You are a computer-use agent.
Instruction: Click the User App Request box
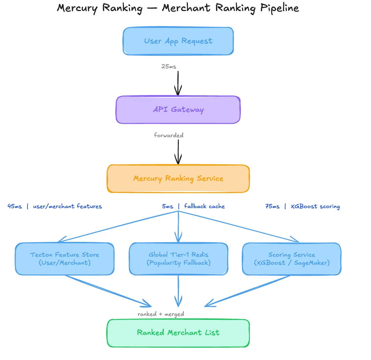[178, 41]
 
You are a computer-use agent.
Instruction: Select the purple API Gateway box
[178, 110]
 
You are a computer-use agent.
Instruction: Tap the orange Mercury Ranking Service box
[178, 179]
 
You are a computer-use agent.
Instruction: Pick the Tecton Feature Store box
[65, 259]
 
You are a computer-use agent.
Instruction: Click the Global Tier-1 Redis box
[178, 259]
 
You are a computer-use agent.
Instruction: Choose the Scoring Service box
[291, 259]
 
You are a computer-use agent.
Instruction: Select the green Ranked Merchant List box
[178, 333]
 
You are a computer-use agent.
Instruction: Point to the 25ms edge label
[169, 67]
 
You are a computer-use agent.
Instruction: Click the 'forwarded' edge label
[169, 136]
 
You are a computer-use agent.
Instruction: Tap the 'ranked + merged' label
[161, 314]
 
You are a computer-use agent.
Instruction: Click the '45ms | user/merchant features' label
[55, 206]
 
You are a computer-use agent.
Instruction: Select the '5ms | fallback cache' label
[194, 206]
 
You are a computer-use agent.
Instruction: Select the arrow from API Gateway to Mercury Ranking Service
[178, 151]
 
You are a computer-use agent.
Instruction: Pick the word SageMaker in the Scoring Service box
[312, 263]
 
